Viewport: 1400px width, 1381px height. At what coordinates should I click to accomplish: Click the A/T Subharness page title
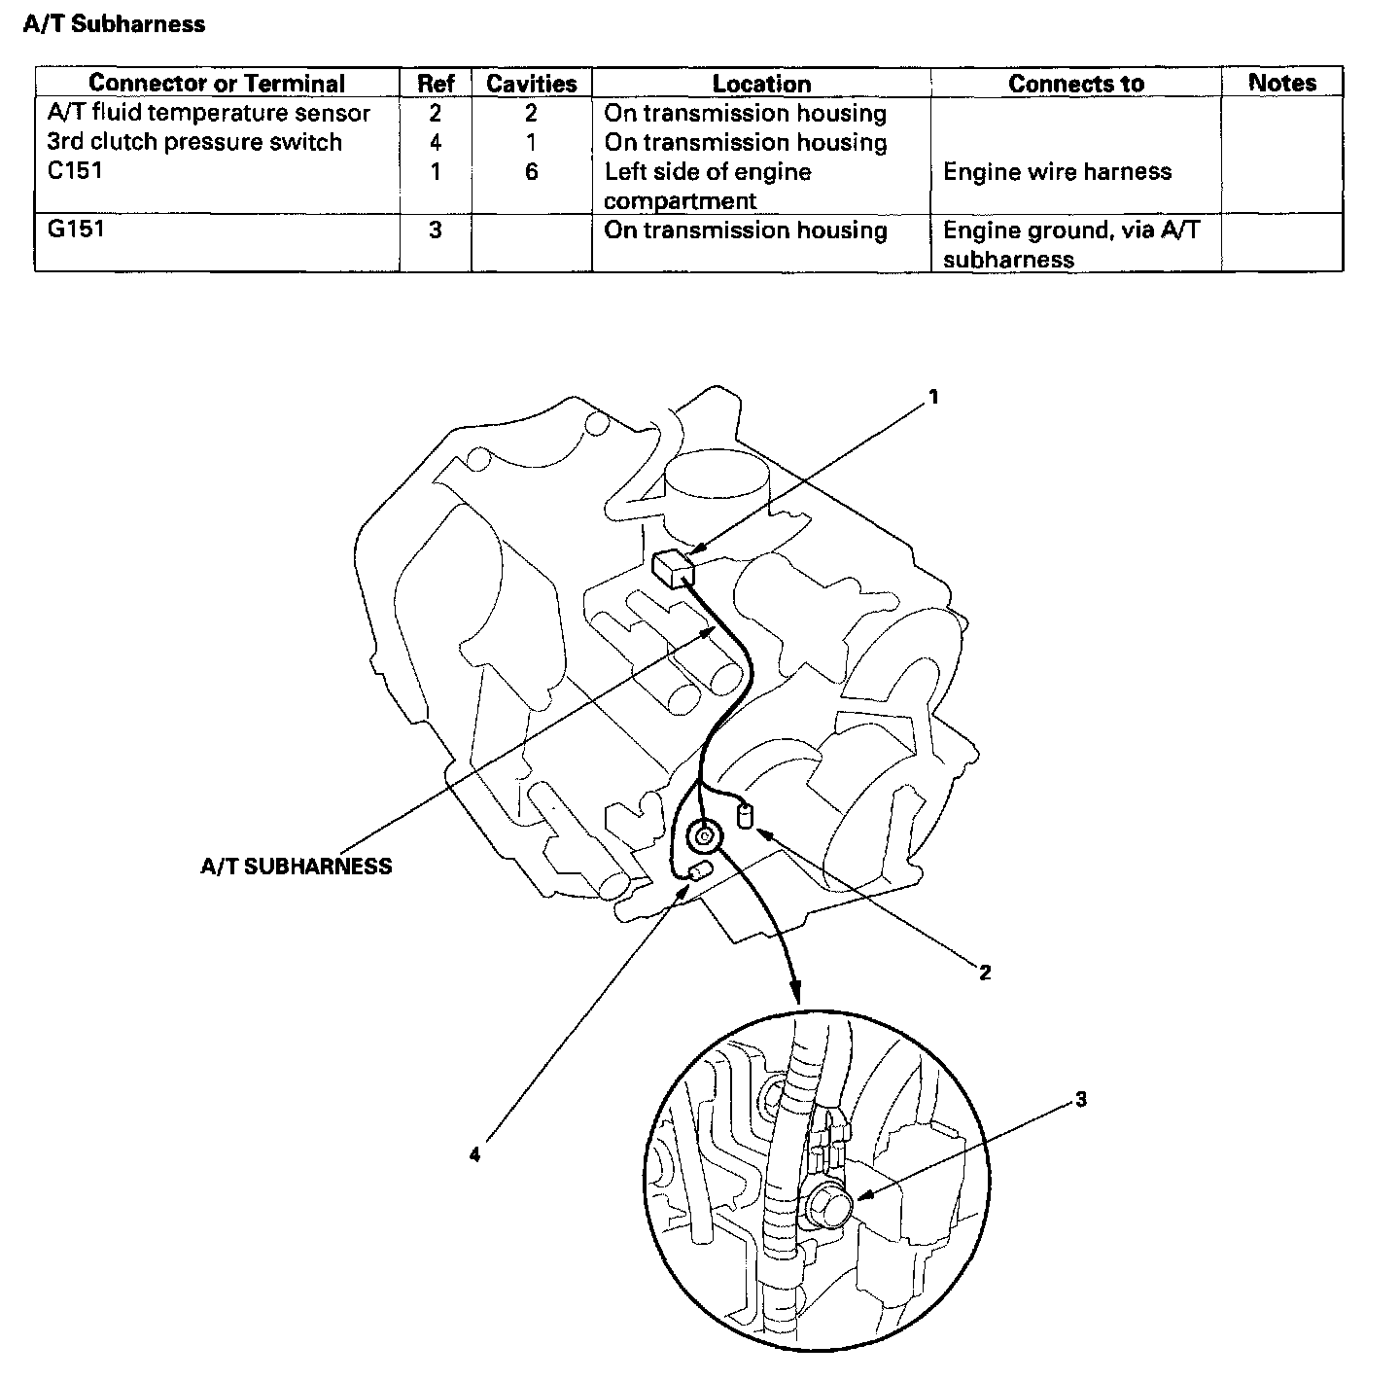(x=114, y=24)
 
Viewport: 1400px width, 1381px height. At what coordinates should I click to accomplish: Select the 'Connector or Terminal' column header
(x=217, y=84)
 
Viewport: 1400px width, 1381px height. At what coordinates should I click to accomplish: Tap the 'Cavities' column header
(x=531, y=84)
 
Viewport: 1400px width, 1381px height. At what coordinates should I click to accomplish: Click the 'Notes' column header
(x=1281, y=83)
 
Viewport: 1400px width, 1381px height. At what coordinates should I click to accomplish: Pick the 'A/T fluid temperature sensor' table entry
(x=208, y=113)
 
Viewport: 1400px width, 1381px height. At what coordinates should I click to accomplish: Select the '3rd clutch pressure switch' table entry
(x=194, y=142)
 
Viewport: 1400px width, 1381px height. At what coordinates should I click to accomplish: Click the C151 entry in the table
(x=75, y=171)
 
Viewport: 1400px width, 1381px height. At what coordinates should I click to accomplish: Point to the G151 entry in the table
(x=75, y=230)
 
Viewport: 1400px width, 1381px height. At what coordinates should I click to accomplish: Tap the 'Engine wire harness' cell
(x=1057, y=172)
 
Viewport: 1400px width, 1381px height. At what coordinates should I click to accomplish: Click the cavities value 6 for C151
(x=531, y=172)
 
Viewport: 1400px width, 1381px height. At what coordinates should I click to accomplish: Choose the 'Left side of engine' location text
(x=707, y=172)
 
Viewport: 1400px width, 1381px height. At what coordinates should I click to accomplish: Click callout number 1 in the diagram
(x=933, y=397)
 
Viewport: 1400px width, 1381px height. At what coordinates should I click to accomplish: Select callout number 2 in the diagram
(x=984, y=972)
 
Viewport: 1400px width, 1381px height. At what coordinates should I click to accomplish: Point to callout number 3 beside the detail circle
(x=1080, y=1100)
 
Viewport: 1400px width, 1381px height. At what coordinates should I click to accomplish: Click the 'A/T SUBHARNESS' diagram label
(x=296, y=867)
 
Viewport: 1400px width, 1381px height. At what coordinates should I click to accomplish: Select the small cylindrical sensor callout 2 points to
(x=746, y=814)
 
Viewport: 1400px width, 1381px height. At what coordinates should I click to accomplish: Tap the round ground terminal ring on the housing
(x=703, y=834)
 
